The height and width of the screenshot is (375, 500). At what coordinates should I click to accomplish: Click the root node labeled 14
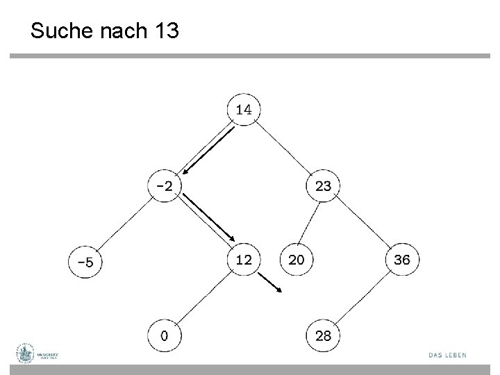click(x=244, y=109)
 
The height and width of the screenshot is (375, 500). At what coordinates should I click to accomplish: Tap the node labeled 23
click(x=323, y=185)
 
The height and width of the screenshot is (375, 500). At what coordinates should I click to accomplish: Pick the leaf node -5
click(x=85, y=262)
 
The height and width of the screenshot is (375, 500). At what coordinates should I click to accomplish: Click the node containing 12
click(x=244, y=260)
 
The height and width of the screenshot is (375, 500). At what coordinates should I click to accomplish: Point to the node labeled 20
click(x=296, y=260)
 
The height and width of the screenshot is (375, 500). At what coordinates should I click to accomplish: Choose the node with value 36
click(x=402, y=260)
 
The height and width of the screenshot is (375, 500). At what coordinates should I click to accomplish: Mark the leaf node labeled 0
click(x=164, y=336)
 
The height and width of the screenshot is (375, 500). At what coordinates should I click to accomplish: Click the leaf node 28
click(x=323, y=336)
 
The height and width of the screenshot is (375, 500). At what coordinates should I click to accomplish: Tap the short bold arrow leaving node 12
click(x=270, y=281)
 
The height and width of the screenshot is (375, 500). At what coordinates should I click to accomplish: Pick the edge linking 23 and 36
click(x=362, y=222)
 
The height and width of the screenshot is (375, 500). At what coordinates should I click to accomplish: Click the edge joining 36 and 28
click(x=362, y=298)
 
